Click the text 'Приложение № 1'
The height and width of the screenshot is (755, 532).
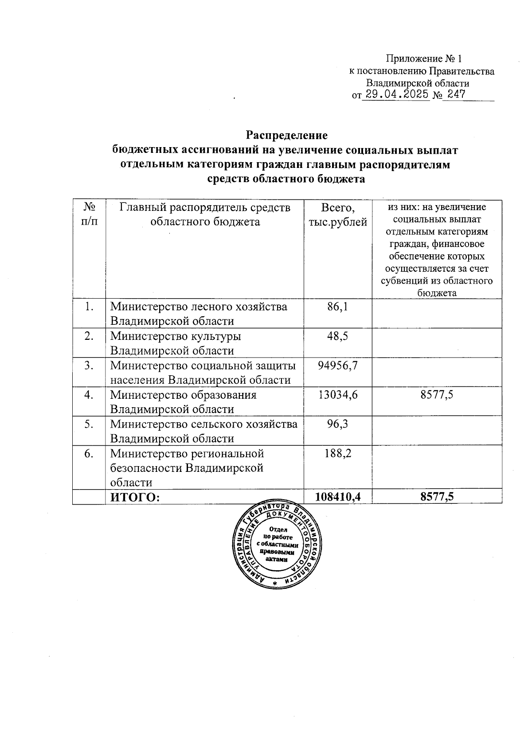click(424, 58)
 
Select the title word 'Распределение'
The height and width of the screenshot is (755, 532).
click(287, 135)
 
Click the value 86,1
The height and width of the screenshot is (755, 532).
click(337, 307)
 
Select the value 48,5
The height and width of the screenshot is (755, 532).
click(337, 336)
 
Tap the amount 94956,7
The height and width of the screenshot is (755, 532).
click(337, 365)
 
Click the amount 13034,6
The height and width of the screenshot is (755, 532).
click(337, 395)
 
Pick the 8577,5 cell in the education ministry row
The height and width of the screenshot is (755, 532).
click(437, 395)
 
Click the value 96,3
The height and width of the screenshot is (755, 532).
click(337, 424)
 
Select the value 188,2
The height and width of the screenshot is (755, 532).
click(337, 453)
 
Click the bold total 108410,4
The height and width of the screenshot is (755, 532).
click(337, 497)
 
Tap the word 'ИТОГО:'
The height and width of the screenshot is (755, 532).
click(135, 498)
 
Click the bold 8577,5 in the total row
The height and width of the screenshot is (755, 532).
click(437, 497)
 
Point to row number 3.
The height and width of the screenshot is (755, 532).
click(89, 365)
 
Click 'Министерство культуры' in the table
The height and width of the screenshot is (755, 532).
click(176, 336)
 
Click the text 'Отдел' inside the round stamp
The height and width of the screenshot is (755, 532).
click(278, 529)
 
